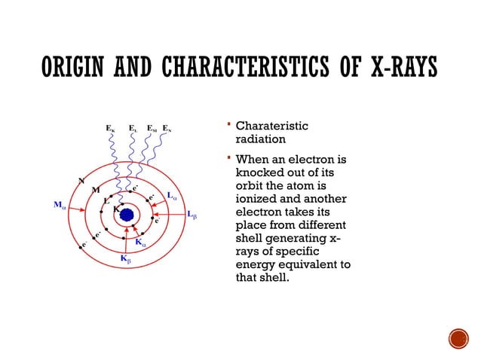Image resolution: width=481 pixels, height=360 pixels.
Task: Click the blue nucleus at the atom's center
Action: click(127, 215)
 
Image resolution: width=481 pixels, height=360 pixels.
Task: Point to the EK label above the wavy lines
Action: click(110, 128)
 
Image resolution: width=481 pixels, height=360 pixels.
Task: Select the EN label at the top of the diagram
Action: click(167, 128)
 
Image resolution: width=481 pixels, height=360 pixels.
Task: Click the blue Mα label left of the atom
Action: click(60, 204)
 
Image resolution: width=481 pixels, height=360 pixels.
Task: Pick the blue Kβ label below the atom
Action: click(126, 258)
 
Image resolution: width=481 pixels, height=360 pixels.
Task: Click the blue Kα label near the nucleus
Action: click(140, 243)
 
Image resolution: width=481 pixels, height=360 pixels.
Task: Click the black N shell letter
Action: click(81, 180)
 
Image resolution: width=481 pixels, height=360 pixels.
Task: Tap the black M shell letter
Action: click(96, 190)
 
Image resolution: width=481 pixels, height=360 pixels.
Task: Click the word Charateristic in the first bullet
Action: click(272, 127)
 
